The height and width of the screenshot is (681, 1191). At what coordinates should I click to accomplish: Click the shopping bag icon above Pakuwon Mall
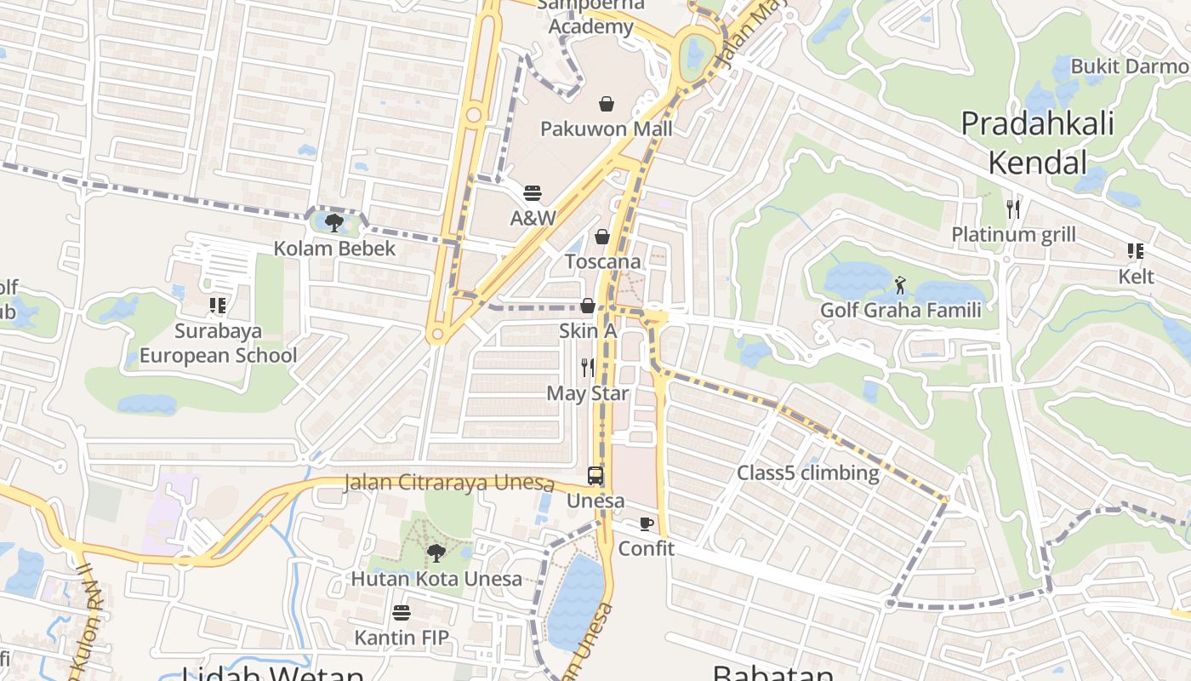(607, 104)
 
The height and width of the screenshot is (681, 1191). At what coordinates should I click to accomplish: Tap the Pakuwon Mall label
(607, 129)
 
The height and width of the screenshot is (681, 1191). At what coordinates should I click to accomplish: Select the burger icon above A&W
(533, 193)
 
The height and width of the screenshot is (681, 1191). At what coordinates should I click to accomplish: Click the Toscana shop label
(603, 261)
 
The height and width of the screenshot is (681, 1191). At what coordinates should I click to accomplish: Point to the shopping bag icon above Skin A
(587, 306)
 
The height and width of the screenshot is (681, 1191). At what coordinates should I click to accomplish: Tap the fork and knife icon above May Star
(587, 368)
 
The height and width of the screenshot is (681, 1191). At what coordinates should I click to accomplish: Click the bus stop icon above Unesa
(595, 476)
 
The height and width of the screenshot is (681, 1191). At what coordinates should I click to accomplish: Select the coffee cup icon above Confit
(647, 524)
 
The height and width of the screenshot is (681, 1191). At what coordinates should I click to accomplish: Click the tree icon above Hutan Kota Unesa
(436, 553)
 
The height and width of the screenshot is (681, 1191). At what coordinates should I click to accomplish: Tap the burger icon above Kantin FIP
(402, 613)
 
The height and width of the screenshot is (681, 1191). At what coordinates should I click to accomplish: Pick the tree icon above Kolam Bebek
(334, 223)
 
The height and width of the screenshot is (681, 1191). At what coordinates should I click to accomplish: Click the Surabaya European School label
(219, 343)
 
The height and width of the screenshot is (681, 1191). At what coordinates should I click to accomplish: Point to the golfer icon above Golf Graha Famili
(900, 285)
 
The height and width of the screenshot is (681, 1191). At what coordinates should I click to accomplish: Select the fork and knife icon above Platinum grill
(1012, 209)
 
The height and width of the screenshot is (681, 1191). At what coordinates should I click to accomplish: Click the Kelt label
(1136, 277)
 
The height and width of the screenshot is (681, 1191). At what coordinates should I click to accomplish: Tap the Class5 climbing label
(807, 473)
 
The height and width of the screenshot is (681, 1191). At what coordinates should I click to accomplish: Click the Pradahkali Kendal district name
(1036, 142)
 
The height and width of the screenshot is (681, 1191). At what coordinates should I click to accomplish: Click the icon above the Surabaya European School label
(218, 305)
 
